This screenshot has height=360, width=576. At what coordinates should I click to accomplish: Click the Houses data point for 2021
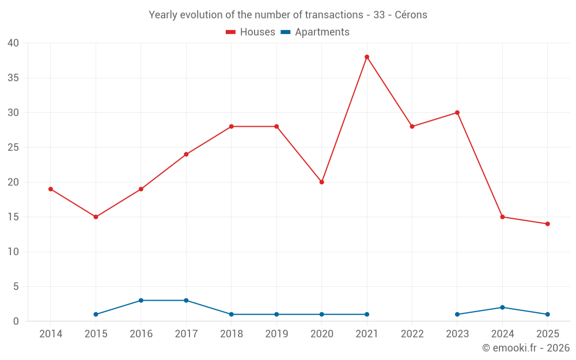click(367, 57)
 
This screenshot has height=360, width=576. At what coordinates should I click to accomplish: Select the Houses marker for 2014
click(51, 189)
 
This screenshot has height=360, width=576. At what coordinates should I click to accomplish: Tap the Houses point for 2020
click(321, 182)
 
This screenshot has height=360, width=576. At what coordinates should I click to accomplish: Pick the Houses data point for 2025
click(547, 224)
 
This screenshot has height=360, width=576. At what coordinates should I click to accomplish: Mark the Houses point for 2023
click(457, 112)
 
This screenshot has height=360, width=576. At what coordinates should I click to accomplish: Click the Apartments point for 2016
click(141, 301)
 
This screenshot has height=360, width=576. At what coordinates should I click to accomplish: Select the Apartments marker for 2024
click(502, 308)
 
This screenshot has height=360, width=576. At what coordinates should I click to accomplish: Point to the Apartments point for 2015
click(96, 314)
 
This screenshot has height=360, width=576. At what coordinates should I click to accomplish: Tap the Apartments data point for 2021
click(367, 314)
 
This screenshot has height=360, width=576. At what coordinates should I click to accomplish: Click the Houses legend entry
click(251, 32)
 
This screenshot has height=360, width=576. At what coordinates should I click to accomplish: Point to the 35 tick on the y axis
click(13, 78)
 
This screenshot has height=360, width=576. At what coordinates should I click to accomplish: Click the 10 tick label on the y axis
click(13, 252)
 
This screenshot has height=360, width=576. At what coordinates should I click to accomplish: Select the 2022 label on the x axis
click(412, 334)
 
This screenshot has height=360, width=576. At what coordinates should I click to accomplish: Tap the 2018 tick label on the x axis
click(231, 334)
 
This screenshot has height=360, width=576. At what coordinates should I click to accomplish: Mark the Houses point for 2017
click(186, 154)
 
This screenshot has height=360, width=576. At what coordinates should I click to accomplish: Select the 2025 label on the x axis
click(547, 334)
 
